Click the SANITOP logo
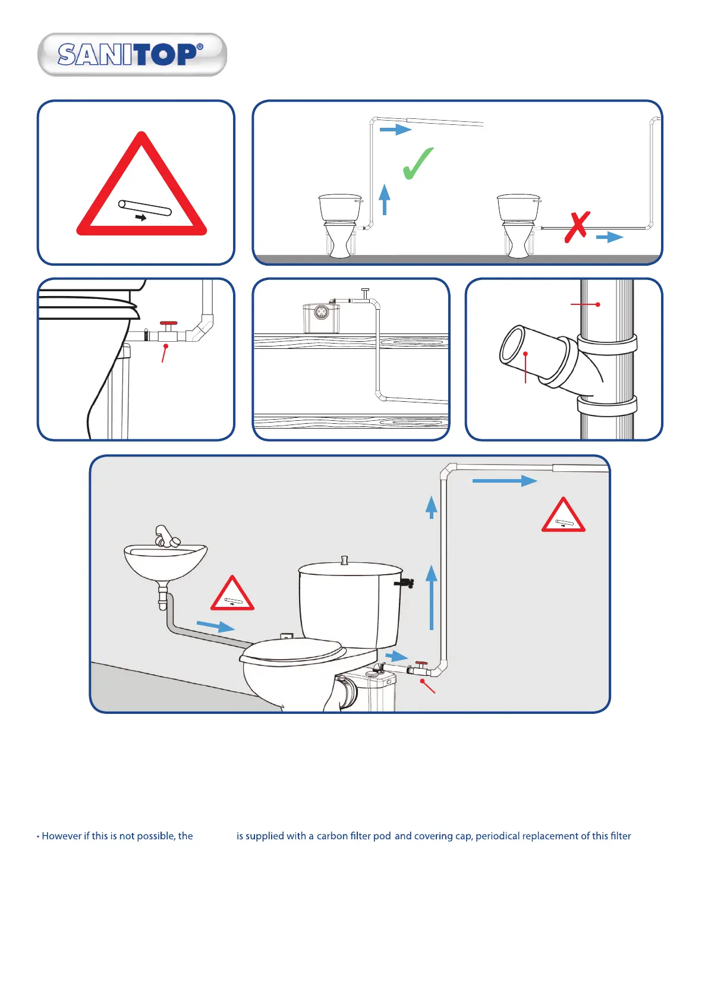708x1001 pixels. [x=133, y=55]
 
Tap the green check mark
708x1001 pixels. [x=417, y=163]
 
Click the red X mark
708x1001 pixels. [x=577, y=227]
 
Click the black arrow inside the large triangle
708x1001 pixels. [x=141, y=218]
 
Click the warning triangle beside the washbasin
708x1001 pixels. [x=232, y=593]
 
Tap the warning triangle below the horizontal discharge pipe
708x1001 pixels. [x=563, y=515]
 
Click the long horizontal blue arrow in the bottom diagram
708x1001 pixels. [x=505, y=481]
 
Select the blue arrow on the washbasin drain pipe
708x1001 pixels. [x=215, y=625]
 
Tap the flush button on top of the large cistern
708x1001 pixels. [x=344, y=561]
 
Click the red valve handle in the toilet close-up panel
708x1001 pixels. [x=168, y=323]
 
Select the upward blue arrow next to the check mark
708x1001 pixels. [x=385, y=199]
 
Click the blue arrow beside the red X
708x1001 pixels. [x=610, y=237]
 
